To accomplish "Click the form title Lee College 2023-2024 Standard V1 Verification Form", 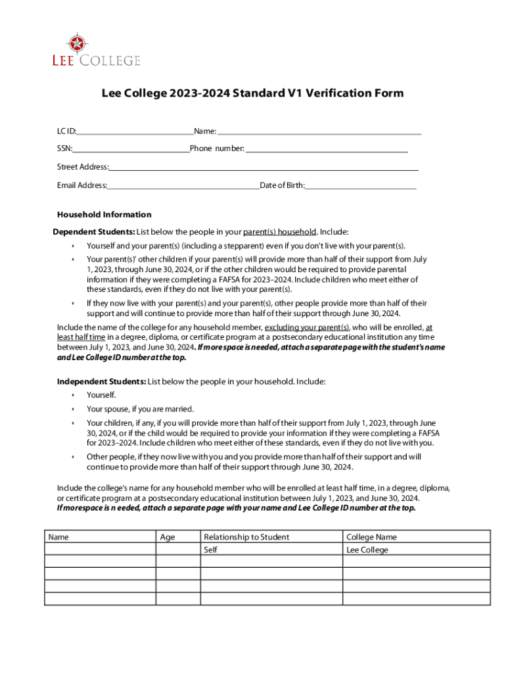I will (252, 93).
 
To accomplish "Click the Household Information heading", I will (104, 215).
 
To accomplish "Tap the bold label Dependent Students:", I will (94, 232).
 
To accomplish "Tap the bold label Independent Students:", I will (101, 381).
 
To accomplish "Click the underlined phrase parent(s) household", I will (280, 232).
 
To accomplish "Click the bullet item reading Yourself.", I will (101, 395).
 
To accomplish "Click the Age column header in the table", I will (168, 537).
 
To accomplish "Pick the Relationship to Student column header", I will (246, 537).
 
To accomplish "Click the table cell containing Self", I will (211, 549).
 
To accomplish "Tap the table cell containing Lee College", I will (367, 549).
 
